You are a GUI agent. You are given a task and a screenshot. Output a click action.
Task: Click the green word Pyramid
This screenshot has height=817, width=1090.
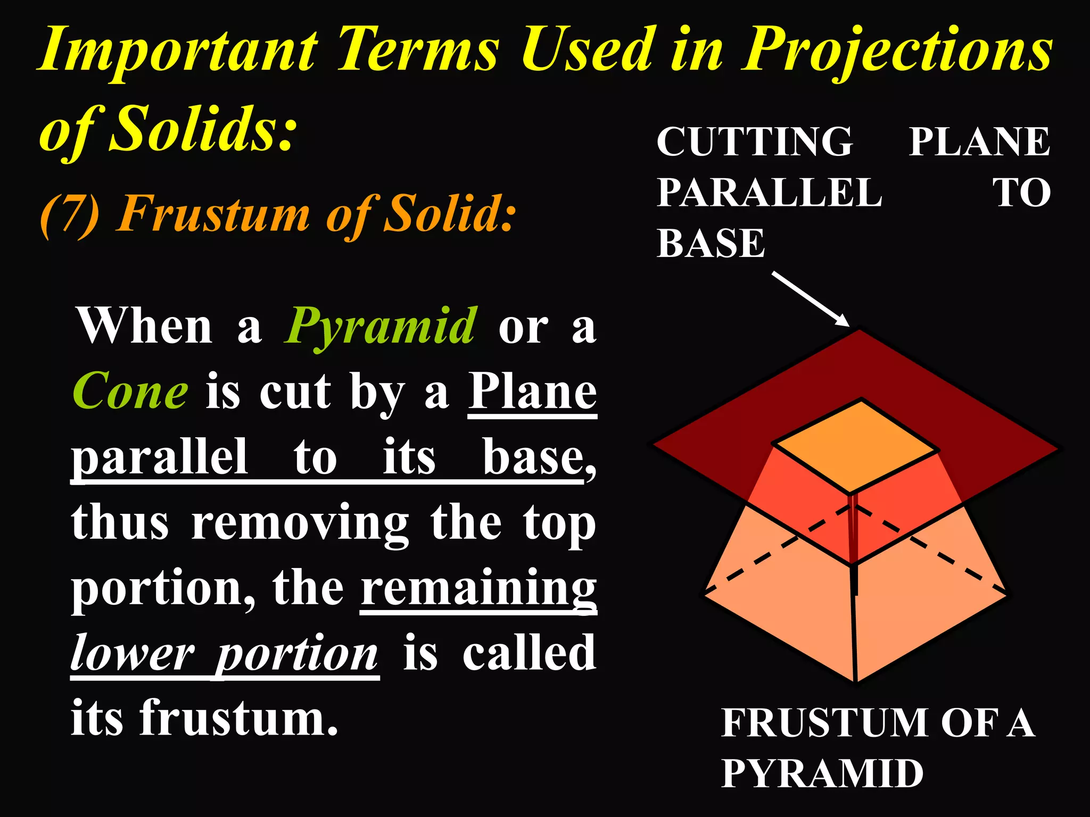point(381,326)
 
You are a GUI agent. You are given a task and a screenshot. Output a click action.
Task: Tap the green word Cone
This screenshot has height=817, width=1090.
point(130,391)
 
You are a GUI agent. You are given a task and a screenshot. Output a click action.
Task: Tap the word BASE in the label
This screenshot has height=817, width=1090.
point(711,244)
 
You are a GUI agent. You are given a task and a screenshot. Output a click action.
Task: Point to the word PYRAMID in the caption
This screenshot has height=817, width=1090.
point(822,773)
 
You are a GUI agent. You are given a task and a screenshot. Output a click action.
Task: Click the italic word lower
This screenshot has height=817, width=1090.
point(133,654)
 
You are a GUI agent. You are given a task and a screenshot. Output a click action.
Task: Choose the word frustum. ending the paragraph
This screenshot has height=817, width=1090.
point(240,718)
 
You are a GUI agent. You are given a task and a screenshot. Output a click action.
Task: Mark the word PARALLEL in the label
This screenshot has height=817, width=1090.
point(769,193)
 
